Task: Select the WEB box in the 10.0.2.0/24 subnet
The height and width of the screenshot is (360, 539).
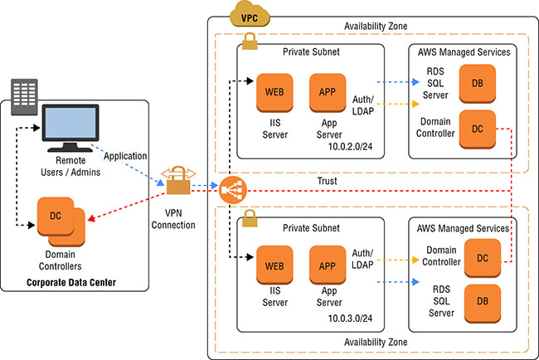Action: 273,91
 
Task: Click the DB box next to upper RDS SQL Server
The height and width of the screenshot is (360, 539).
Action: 478,84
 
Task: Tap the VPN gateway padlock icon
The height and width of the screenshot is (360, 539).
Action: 177,182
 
